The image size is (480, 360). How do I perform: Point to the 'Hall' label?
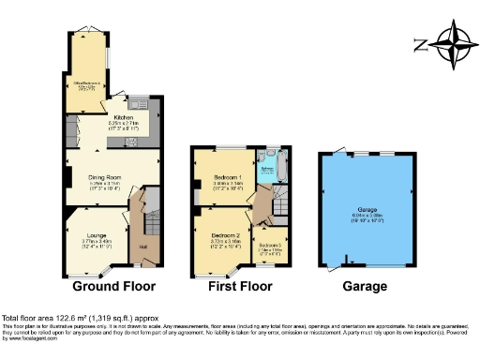[x=143, y=247]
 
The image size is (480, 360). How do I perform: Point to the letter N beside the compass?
[x=421, y=42]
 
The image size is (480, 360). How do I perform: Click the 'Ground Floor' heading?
[x=113, y=286]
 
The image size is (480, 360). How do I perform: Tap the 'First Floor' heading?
[x=239, y=286]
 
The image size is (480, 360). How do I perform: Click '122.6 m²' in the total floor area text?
[x=70, y=320]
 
